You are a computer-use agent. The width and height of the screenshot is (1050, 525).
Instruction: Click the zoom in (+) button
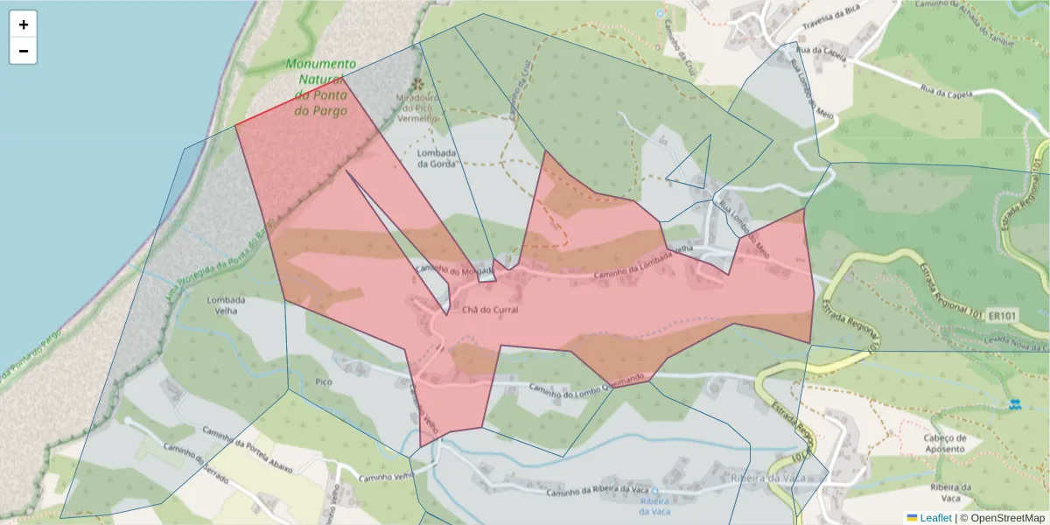[24, 24]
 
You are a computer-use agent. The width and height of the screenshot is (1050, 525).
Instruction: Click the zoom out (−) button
[24, 51]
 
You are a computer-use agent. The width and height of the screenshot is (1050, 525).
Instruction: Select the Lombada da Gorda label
[437, 157]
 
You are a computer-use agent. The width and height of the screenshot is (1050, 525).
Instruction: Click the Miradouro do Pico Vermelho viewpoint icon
[417, 84]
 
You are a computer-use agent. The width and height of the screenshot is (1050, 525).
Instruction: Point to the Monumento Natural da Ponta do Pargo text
[320, 87]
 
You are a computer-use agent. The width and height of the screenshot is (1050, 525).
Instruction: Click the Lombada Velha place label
[226, 305]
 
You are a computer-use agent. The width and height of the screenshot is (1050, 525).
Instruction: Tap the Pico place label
[323, 382]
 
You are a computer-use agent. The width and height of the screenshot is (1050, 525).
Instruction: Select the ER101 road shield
[1002, 315]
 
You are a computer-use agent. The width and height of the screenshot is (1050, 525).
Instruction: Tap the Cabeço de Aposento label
[945, 444]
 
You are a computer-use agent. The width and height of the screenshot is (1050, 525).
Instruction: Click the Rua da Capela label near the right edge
[949, 91]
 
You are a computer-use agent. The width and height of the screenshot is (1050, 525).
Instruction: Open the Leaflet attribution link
[934, 518]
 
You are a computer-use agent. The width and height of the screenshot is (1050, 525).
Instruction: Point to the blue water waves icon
[1015, 404]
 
